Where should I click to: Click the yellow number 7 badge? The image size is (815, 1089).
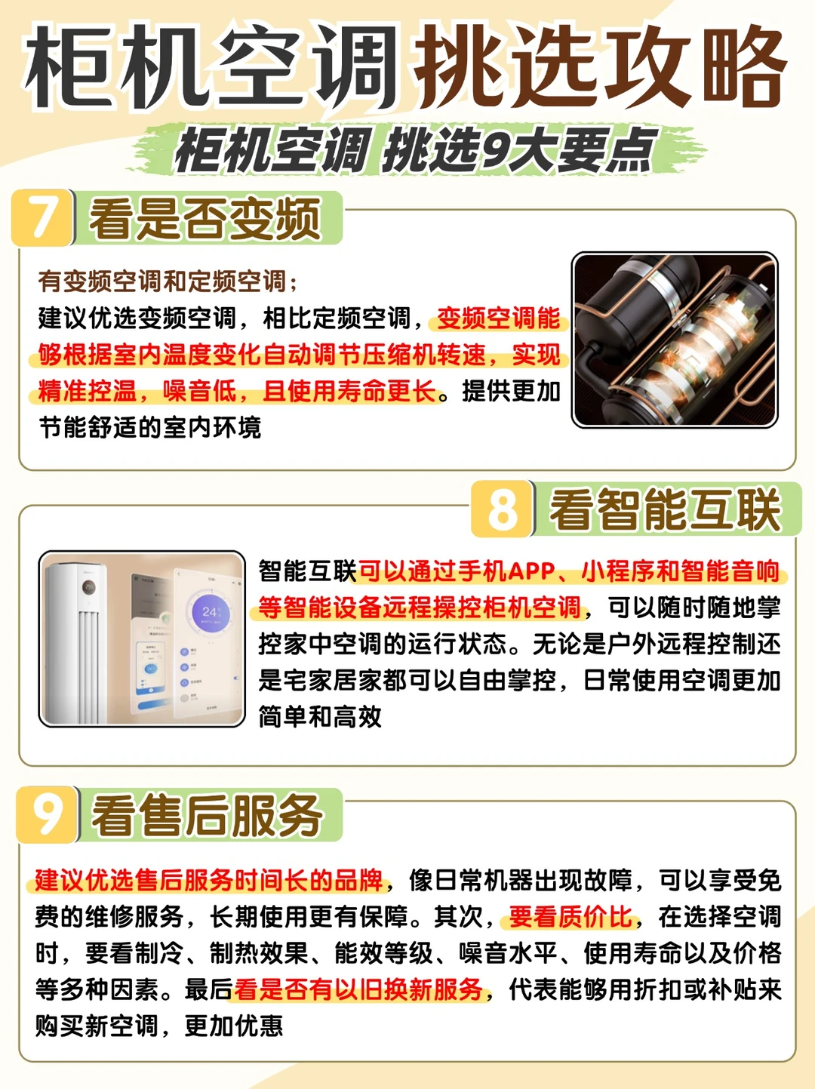pos(43,217)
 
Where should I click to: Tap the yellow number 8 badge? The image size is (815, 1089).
pos(503,509)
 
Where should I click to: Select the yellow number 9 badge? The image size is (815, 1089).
pos(47,814)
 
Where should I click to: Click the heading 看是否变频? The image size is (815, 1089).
pos(205,219)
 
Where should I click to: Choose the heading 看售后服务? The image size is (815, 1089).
pos(207,816)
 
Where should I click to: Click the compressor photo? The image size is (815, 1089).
pos(674,340)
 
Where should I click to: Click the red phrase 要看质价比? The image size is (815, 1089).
pos(571,917)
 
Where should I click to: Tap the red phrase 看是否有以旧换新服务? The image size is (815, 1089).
pos(358,989)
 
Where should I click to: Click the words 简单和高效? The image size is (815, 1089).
pos(320,716)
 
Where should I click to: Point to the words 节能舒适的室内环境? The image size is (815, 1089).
pos(150,428)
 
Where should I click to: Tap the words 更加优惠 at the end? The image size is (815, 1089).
pos(234,1026)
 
